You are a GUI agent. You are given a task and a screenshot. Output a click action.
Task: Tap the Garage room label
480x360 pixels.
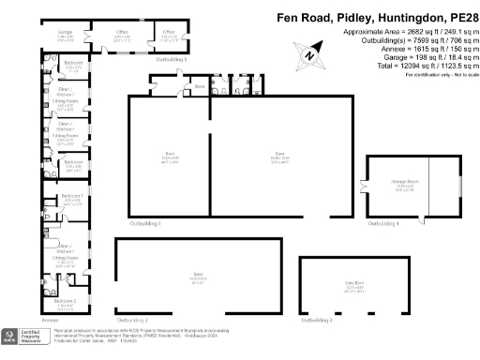coord(67,33)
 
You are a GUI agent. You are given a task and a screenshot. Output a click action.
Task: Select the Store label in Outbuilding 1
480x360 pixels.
coord(199,87)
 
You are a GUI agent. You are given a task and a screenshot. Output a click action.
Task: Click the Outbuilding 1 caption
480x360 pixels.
coord(145,225)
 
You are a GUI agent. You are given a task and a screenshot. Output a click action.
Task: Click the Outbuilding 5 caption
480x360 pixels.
coord(172,59)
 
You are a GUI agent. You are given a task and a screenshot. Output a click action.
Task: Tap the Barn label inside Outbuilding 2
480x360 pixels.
coord(197,277)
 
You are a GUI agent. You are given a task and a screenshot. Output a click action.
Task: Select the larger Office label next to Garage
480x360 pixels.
coord(122,33)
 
